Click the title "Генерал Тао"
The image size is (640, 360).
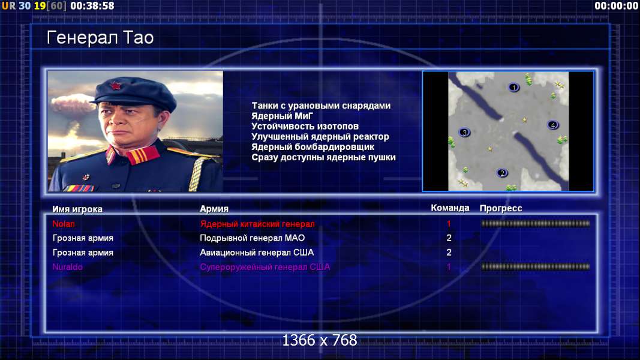click(x=100, y=38)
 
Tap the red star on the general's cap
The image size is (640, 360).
click(x=115, y=86)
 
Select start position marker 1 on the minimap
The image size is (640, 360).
click(x=514, y=87)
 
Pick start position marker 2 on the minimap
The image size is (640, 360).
click(x=502, y=173)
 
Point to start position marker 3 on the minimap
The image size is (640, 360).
click(x=464, y=132)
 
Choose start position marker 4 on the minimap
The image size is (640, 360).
click(x=553, y=125)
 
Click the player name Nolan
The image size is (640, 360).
click(x=64, y=224)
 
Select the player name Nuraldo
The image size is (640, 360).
click(x=67, y=267)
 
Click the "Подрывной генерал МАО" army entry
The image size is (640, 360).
click(x=253, y=238)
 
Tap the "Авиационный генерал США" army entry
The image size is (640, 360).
click(x=257, y=253)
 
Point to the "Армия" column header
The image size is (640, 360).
click(x=214, y=209)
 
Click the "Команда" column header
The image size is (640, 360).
click(x=450, y=208)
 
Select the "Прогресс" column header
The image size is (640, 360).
click(x=501, y=208)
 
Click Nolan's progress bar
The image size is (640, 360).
click(x=536, y=223)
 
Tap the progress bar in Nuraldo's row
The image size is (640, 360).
click(x=536, y=266)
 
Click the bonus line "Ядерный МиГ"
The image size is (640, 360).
click(x=283, y=116)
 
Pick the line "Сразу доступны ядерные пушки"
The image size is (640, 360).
click(x=324, y=157)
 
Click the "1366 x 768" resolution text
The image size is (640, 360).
click(x=320, y=340)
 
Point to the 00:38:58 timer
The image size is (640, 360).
click(x=92, y=6)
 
